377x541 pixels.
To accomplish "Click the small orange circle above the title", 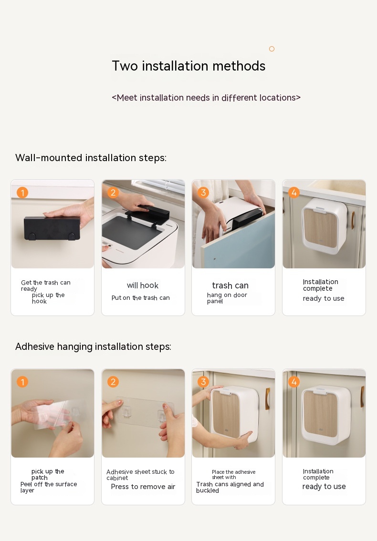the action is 272,49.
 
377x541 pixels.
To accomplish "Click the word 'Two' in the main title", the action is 125,66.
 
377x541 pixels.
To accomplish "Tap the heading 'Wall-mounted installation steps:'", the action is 91,158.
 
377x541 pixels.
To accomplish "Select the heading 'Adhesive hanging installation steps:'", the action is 94,347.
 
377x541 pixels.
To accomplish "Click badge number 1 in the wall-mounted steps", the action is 22,193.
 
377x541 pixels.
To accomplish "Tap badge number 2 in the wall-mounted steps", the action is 113,193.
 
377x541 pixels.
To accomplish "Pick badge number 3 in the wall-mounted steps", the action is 203,193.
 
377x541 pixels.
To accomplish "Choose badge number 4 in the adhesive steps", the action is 293,382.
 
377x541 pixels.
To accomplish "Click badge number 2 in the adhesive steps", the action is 113,382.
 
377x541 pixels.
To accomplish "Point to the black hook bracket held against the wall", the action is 52,228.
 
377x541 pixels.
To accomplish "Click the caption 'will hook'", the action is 142,286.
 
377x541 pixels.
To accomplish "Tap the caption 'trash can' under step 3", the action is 230,286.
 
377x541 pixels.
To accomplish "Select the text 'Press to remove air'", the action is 143,487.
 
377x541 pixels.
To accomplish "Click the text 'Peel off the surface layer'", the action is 49,487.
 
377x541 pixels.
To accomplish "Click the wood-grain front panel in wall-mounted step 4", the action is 320,228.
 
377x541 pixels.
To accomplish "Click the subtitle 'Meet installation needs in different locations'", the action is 206,98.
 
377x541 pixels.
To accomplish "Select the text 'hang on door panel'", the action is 227,298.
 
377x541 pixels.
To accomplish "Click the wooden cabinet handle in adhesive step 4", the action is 362,397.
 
